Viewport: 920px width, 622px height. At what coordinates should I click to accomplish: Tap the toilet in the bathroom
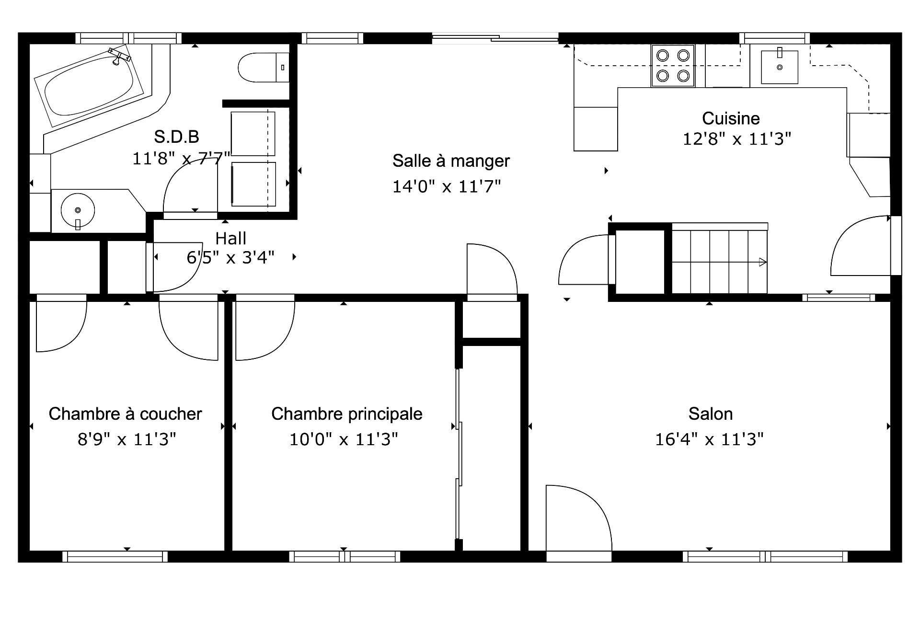coord(264,68)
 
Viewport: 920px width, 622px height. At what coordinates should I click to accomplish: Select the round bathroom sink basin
coord(78,210)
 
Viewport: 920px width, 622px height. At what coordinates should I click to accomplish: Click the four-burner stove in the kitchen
coord(673,66)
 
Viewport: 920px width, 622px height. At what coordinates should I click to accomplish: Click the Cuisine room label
coord(731,118)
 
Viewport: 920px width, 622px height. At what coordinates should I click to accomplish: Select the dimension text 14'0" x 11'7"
coord(447,186)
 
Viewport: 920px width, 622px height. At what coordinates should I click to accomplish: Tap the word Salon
coord(710,414)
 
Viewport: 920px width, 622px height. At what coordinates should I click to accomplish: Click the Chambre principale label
coord(347,414)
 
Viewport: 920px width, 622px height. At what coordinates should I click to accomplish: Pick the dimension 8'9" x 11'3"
coord(127,439)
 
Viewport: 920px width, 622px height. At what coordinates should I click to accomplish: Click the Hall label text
coord(231,238)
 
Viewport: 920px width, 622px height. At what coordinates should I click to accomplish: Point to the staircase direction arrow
coord(719,262)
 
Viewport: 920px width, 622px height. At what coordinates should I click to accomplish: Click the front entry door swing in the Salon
coord(579,518)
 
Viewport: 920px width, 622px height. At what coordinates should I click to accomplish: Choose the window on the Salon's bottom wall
coord(765,556)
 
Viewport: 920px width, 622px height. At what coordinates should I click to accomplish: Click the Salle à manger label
coord(451,161)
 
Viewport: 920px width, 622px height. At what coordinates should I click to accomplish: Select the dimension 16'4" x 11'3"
coord(709,439)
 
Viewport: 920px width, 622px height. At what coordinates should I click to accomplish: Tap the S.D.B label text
coord(176,137)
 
